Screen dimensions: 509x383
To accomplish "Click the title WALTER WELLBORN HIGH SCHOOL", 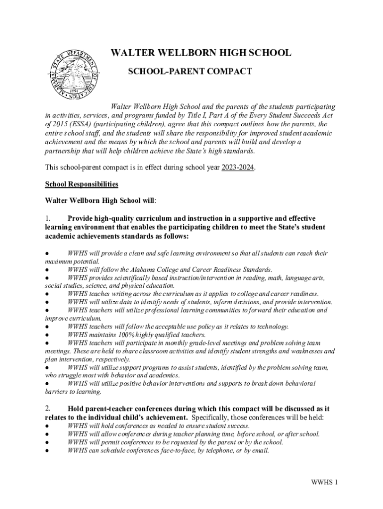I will [x=200, y=54].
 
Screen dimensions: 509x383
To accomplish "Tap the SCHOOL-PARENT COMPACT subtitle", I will [x=190, y=72].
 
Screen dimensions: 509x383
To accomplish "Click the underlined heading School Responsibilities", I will [x=82, y=184].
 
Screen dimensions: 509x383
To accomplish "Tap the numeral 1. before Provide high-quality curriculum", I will [x=48, y=218].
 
